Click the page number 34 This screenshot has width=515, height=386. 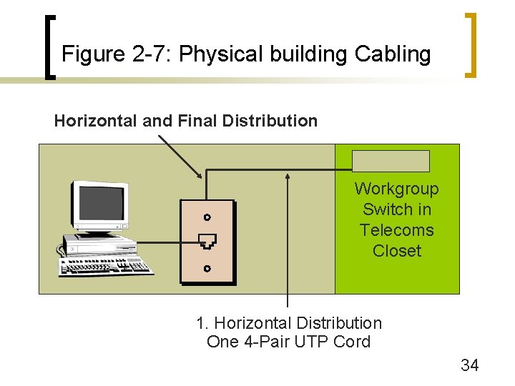469,365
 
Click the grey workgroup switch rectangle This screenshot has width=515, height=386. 391,161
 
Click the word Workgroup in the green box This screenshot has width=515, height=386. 397,189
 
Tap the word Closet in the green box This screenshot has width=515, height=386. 397,251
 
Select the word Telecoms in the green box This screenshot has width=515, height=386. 397,230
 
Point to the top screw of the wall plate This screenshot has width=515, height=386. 207,217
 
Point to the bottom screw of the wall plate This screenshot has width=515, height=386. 207,269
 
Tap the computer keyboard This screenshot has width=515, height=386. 107,266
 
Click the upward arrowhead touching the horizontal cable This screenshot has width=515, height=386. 288,176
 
